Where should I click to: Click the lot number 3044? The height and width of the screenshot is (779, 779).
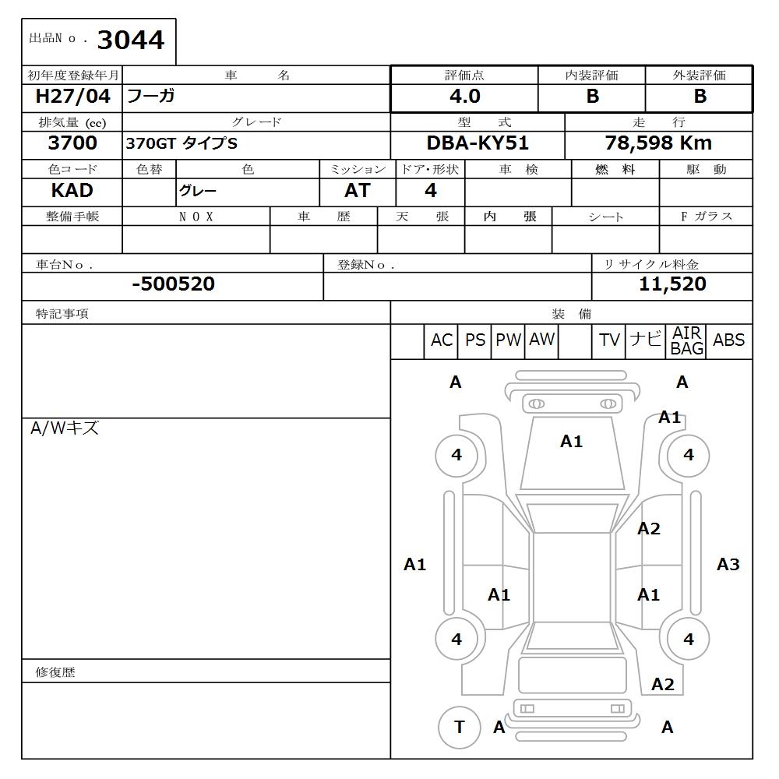point(131,40)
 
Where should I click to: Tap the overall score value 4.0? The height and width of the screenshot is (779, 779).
point(464,97)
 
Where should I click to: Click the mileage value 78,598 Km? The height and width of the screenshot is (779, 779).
point(658,143)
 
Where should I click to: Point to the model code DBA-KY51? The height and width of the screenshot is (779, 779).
point(478,143)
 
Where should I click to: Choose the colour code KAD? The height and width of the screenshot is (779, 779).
point(72,191)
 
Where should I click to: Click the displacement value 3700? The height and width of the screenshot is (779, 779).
point(72,143)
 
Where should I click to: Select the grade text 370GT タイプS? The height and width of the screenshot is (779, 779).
point(182,144)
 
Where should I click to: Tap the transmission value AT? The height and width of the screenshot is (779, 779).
point(357,191)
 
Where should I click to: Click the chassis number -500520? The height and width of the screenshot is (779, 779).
point(173,284)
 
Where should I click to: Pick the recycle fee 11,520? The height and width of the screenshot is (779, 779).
point(672,284)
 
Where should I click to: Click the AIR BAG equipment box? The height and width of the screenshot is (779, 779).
point(687,341)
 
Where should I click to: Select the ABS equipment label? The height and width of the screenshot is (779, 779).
point(728,340)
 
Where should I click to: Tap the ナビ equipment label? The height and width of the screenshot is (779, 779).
point(645,340)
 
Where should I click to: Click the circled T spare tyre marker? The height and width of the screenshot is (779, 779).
point(459,728)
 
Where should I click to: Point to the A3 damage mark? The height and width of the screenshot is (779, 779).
point(728,565)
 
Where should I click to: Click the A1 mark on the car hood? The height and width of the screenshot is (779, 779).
point(571,442)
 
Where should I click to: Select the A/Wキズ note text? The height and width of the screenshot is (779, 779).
point(65,428)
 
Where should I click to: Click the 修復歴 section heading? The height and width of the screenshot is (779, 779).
point(55,671)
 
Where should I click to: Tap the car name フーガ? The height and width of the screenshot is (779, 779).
point(150,97)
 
